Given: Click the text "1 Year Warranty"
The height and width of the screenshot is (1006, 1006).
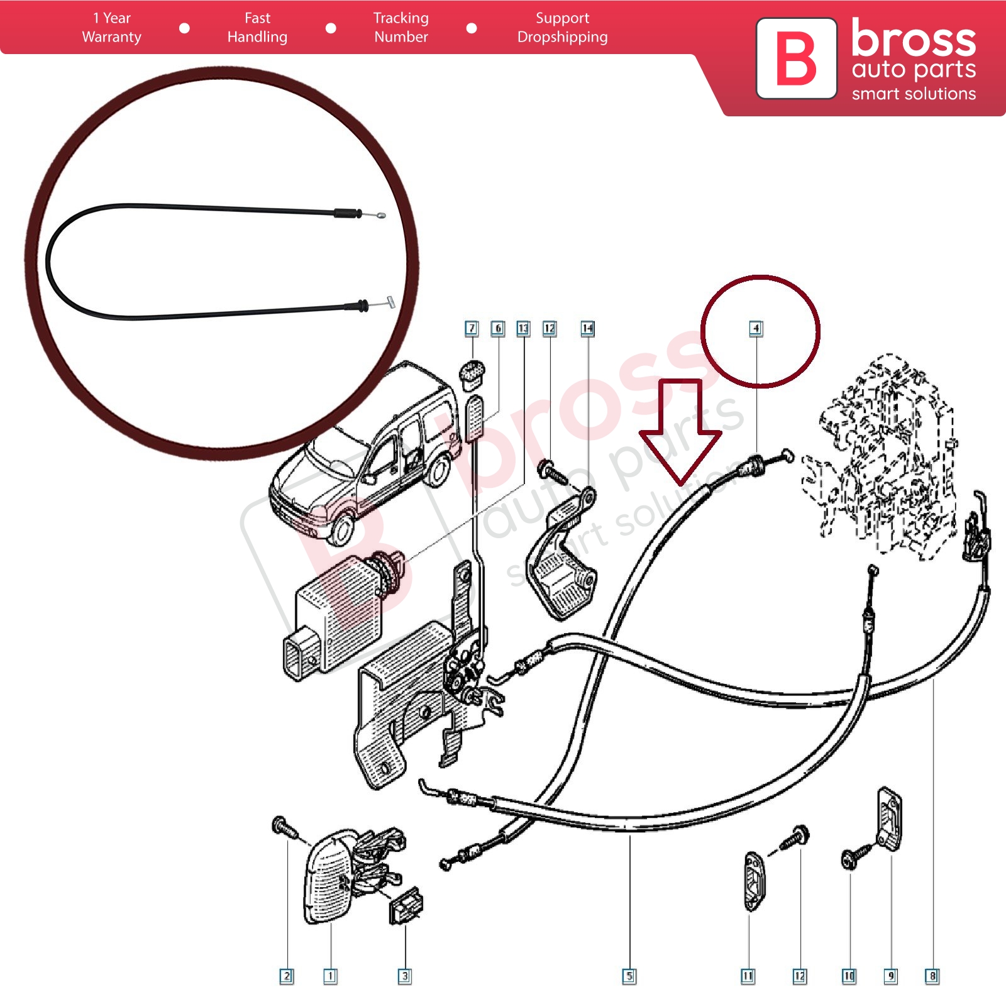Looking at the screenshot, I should pyautogui.click(x=111, y=28).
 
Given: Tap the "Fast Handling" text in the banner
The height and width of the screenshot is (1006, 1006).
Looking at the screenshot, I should pyautogui.click(x=257, y=28).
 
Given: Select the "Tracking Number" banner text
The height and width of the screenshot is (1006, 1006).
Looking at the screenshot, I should pyautogui.click(x=401, y=28).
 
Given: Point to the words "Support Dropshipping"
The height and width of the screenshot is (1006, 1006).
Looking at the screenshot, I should pyautogui.click(x=562, y=28).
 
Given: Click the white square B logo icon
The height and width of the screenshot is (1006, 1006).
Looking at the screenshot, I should pyautogui.click(x=796, y=58).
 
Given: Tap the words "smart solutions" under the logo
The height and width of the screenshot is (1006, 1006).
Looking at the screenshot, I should pyautogui.click(x=914, y=94).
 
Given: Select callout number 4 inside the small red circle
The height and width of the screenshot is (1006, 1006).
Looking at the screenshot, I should pyautogui.click(x=756, y=328).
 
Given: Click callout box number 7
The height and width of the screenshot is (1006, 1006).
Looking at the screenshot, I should pyautogui.click(x=472, y=328).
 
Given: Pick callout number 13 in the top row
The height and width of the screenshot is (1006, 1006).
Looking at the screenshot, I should pyautogui.click(x=523, y=328).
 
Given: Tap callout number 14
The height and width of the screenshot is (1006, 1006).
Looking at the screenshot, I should pyautogui.click(x=587, y=328).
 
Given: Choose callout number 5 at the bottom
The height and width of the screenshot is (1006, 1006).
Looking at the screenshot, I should pyautogui.click(x=629, y=976).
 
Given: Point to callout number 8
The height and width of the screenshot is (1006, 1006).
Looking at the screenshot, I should pyautogui.click(x=932, y=976).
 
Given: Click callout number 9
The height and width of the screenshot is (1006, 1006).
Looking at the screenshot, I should pyautogui.click(x=890, y=976).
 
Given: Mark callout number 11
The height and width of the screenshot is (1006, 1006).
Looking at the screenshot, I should pyautogui.click(x=748, y=976).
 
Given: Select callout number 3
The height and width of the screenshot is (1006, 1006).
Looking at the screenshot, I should pyautogui.click(x=405, y=976).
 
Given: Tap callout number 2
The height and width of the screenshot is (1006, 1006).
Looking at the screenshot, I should pyautogui.click(x=287, y=976).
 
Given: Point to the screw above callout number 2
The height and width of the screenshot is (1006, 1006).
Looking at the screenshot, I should pyautogui.click(x=285, y=827).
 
